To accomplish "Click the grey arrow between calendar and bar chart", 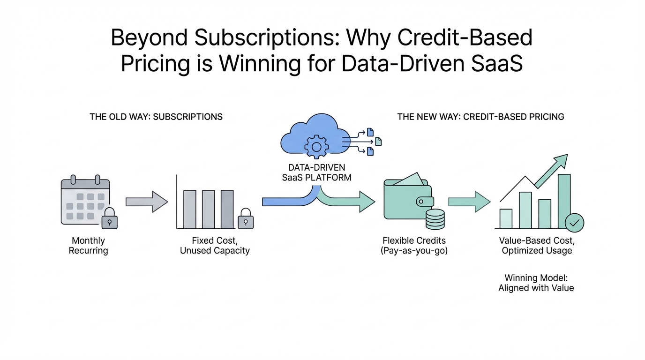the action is point(147,202).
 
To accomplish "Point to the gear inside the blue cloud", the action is point(316,147).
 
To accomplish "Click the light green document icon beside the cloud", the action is point(378,142).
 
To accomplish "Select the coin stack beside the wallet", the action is point(435,219).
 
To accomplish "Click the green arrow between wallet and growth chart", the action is point(469,202).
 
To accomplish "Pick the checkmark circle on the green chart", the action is point(575,223).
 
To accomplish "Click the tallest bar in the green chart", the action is point(564,201).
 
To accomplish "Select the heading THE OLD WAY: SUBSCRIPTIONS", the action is point(156,117).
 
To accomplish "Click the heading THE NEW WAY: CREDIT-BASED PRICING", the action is point(480,117).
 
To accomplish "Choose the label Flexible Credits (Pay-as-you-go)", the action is point(414,245).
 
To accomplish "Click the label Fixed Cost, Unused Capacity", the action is point(215,245).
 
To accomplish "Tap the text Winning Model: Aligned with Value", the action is point(536,283).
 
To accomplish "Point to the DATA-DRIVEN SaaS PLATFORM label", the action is point(317,172).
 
